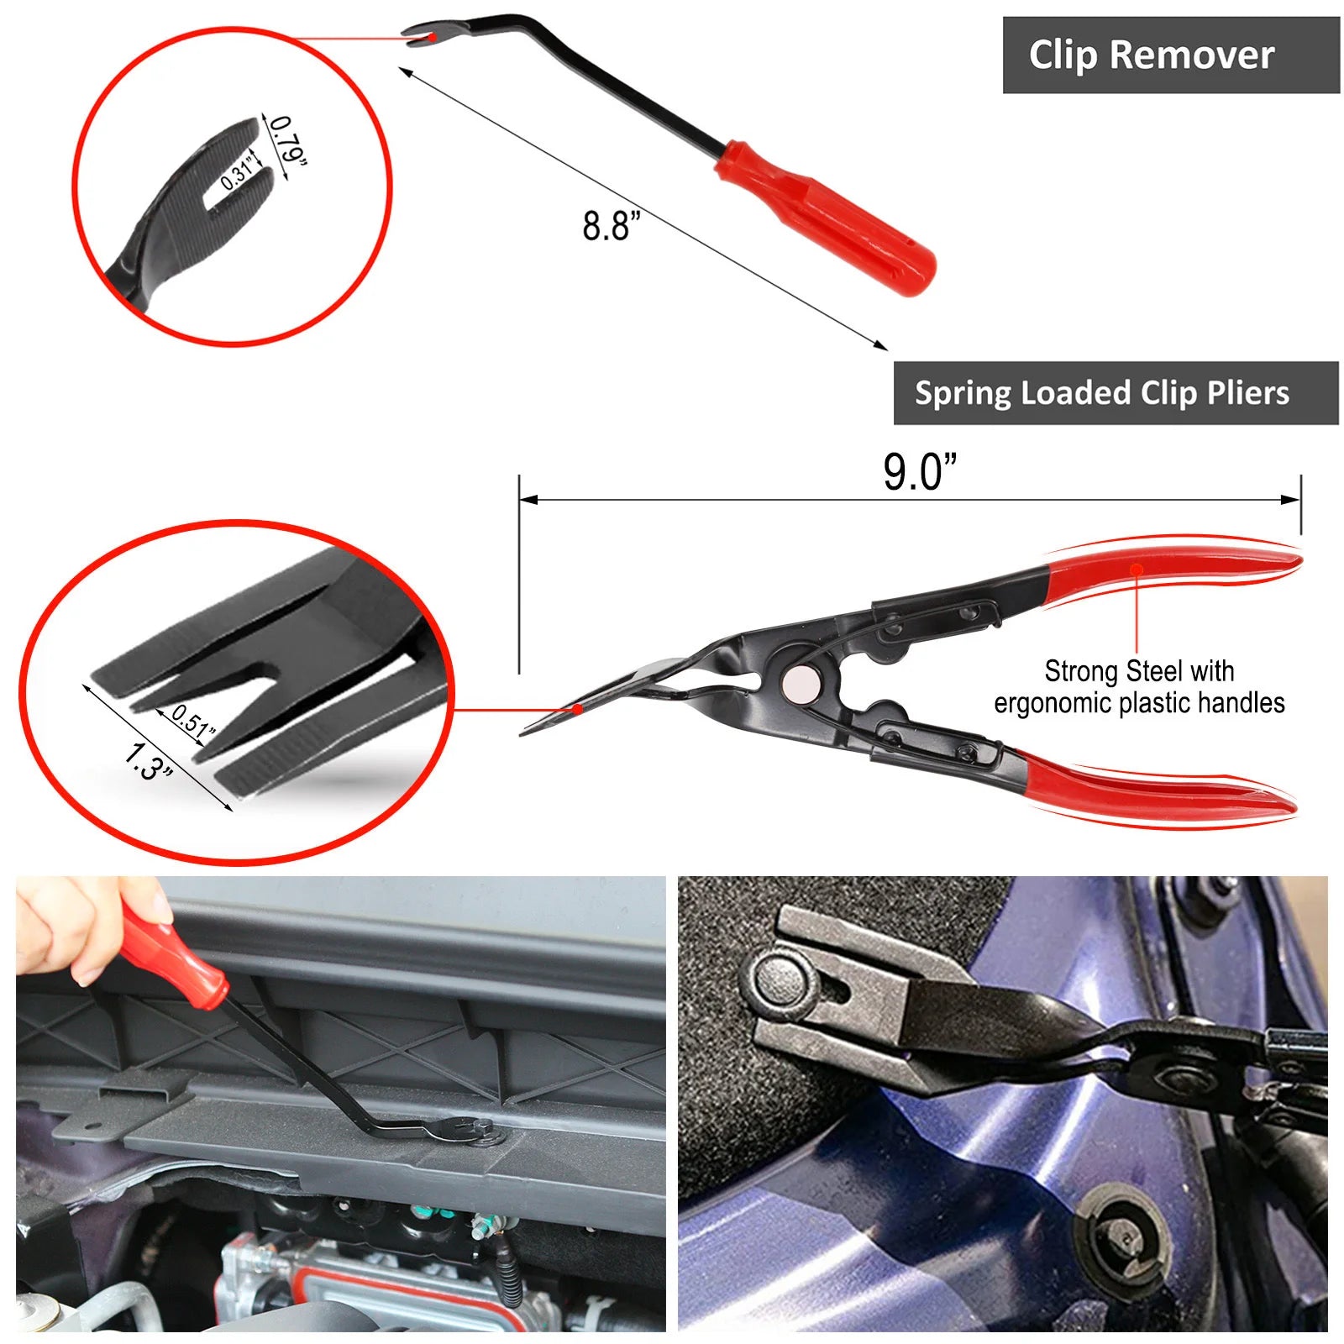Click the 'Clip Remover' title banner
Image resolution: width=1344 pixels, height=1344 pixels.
[x=1171, y=55]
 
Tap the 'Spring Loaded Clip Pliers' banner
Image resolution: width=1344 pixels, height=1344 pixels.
[x=1116, y=393]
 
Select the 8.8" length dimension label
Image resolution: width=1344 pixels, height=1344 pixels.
[x=612, y=225]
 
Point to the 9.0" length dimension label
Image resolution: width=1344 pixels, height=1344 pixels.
[x=920, y=471]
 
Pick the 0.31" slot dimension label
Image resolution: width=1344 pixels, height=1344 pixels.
[x=238, y=171]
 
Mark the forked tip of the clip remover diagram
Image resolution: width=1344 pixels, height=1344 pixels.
[x=423, y=36]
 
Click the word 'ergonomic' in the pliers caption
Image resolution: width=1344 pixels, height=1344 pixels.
[x=1053, y=702]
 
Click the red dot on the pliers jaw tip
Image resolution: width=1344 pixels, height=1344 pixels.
[x=578, y=709]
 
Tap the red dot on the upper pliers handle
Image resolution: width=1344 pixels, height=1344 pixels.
[x=1137, y=570]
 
